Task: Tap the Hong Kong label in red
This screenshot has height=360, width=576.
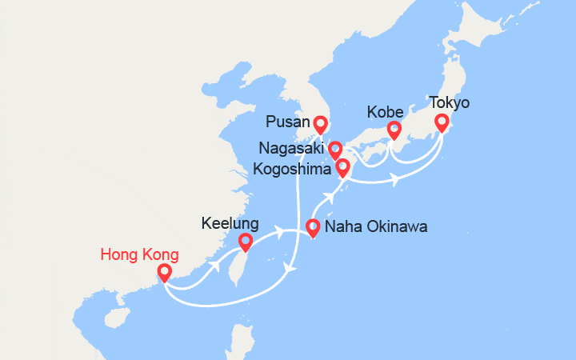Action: coord(140,255)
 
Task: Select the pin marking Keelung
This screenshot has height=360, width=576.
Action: coord(245,241)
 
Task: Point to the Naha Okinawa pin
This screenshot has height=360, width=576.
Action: coord(312,227)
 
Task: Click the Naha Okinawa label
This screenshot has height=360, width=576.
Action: coord(376,227)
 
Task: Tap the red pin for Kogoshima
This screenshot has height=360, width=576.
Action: coord(342,168)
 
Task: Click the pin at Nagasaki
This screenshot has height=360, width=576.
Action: coord(334,150)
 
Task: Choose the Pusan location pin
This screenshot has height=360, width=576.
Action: coord(321,125)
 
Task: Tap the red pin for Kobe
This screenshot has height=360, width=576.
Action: coord(394,130)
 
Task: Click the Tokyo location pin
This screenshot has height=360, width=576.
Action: coord(441,122)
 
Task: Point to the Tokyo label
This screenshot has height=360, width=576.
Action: coord(449,103)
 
